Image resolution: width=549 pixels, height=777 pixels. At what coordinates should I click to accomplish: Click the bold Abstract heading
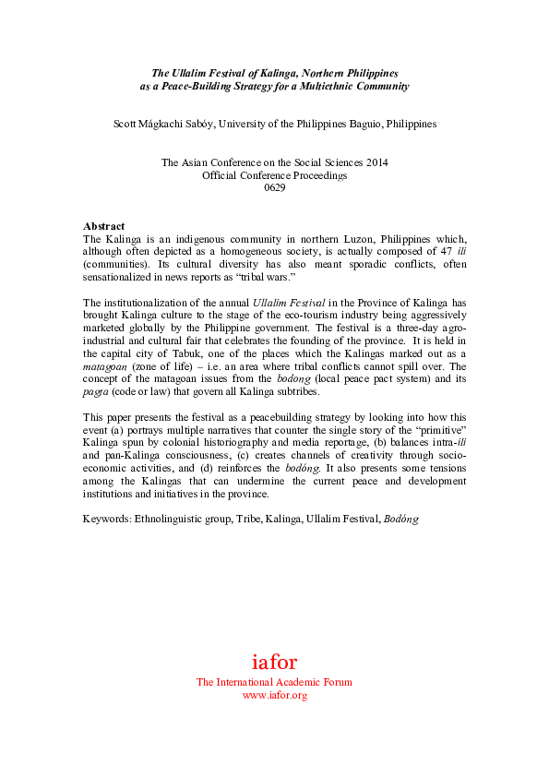pyautogui.click(x=103, y=226)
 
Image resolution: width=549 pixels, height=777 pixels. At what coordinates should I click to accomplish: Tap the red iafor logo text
pyautogui.click(x=274, y=662)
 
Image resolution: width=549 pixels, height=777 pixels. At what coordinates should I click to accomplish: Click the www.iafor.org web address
pyautogui.click(x=274, y=695)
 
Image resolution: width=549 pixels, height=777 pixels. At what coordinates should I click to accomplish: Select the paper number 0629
pyautogui.click(x=274, y=187)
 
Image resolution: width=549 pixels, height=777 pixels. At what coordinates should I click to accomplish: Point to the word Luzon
pyautogui.click(x=331, y=238)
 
